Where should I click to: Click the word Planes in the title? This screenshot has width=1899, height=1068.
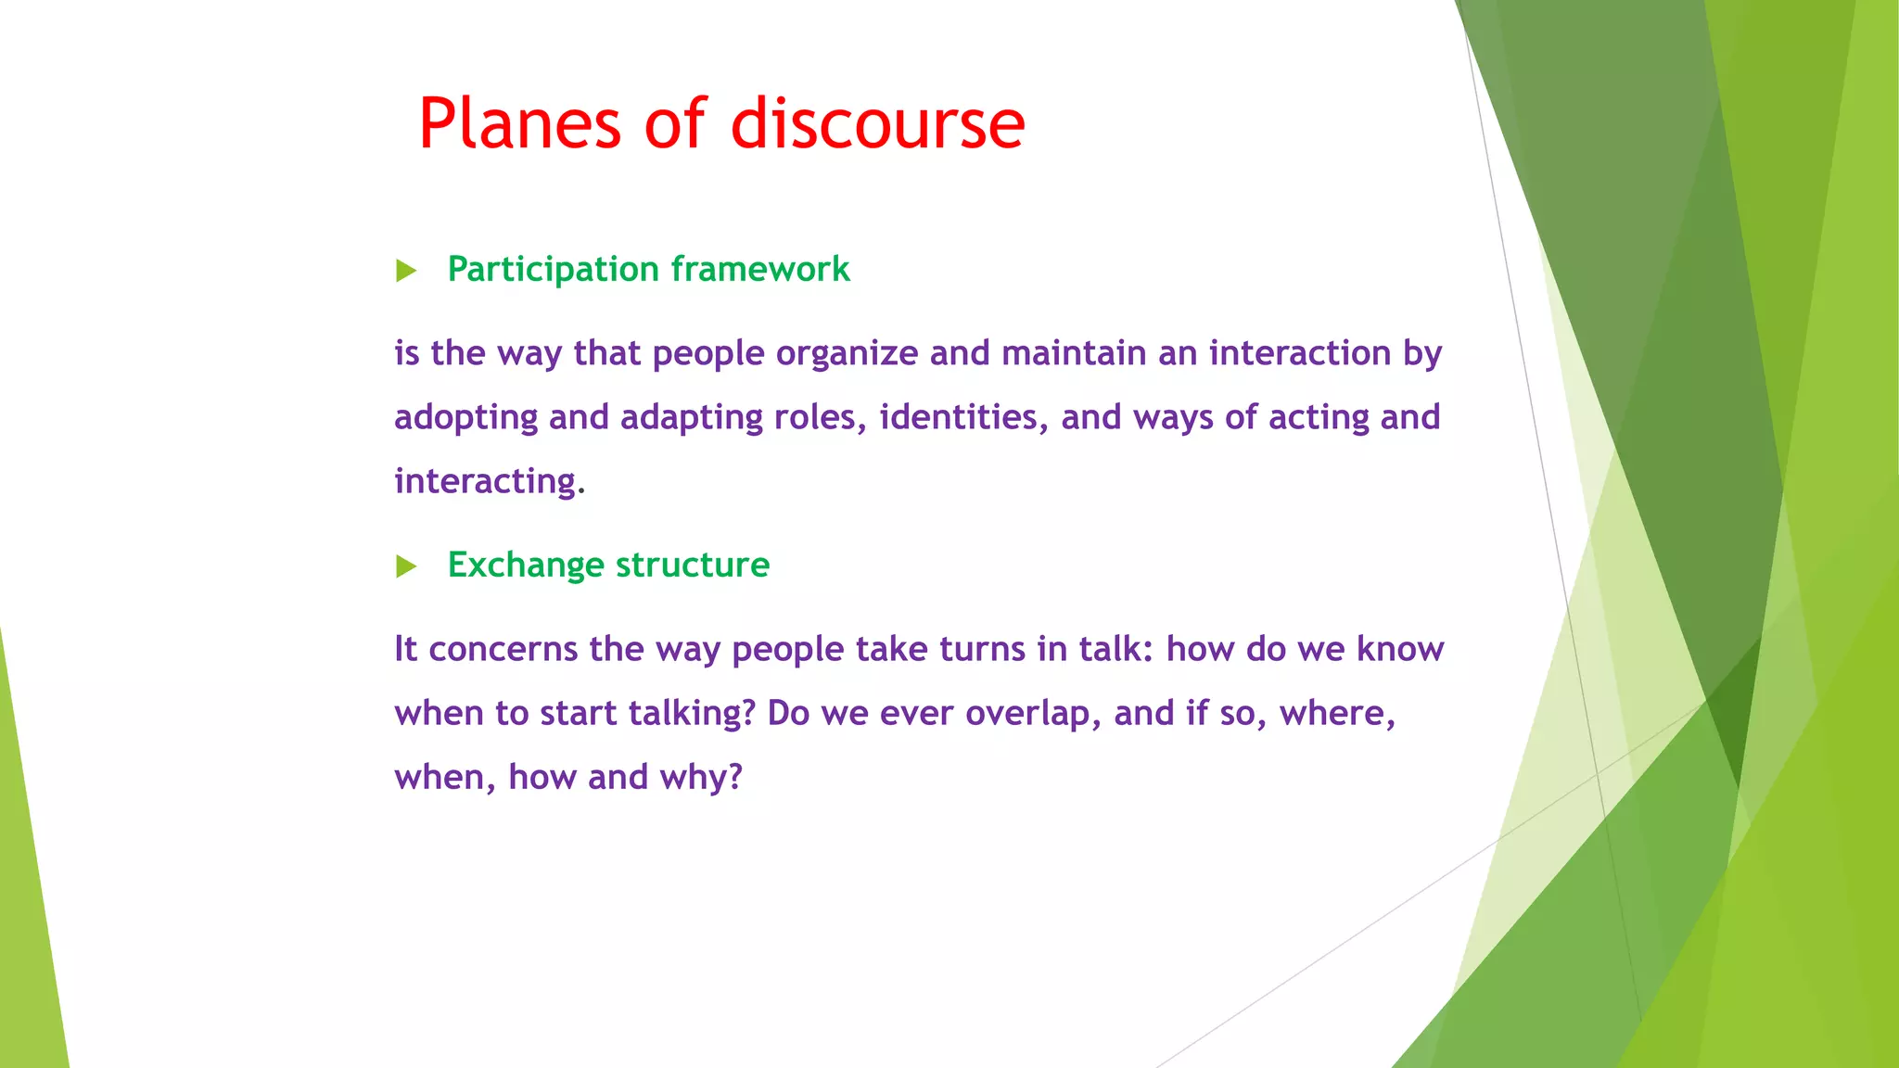click(x=519, y=123)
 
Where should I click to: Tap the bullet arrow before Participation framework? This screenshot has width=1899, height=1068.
click(x=406, y=271)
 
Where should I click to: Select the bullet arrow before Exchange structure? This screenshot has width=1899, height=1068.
click(x=406, y=566)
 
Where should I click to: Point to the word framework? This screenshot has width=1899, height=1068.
click(x=760, y=269)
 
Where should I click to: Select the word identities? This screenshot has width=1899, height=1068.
click(x=964, y=417)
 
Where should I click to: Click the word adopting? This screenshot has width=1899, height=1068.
click(x=465, y=418)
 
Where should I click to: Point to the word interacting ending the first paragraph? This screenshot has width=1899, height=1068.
click(x=485, y=482)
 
